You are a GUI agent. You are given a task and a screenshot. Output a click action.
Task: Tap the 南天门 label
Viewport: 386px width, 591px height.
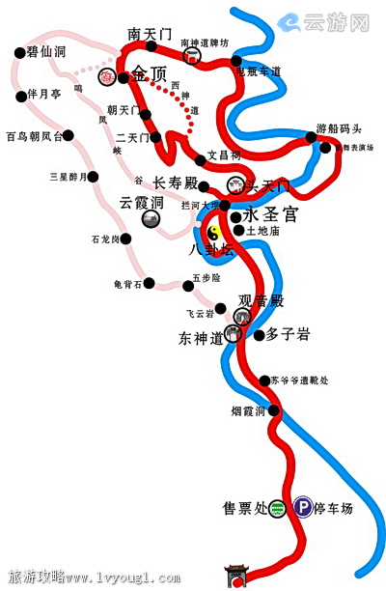(150, 34)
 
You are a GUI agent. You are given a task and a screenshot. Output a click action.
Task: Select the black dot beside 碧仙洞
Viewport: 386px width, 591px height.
(20, 53)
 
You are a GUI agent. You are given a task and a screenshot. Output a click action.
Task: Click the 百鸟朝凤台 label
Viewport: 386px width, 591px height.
(34, 136)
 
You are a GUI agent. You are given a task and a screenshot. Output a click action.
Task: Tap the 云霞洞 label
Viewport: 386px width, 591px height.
(141, 203)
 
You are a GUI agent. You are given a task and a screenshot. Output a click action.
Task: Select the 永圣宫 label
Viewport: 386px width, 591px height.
(267, 217)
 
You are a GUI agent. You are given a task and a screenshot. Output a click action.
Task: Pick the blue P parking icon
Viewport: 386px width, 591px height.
(303, 506)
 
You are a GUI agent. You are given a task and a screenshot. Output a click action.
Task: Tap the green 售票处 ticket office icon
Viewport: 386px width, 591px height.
(276, 507)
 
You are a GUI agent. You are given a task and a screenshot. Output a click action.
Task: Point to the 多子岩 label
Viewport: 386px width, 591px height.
(289, 334)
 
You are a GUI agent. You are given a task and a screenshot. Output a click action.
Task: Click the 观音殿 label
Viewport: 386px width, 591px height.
(262, 301)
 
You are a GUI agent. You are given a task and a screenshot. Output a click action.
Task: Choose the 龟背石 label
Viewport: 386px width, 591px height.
(127, 284)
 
